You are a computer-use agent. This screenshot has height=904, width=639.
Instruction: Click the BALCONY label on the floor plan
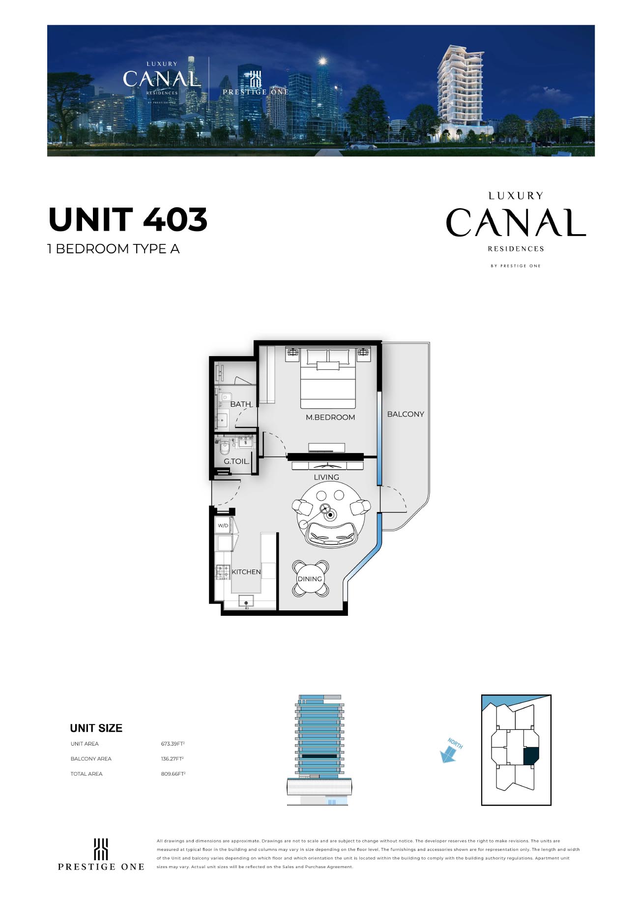(406, 414)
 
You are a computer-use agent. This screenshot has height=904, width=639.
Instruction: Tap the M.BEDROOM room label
(330, 417)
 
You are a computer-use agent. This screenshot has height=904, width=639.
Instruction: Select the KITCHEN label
(246, 572)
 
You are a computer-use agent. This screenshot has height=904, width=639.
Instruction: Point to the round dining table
(310, 578)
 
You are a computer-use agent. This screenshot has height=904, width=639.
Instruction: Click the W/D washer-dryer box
(224, 525)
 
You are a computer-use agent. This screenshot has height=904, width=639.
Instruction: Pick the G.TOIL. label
(236, 461)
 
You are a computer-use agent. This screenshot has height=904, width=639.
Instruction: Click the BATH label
(241, 404)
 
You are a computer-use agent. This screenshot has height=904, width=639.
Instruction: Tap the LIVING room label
(326, 477)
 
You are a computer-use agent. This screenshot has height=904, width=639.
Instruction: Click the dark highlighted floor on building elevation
(319, 756)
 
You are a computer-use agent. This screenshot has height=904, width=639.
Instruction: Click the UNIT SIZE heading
(96, 728)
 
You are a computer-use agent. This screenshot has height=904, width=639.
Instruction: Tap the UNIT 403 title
(128, 219)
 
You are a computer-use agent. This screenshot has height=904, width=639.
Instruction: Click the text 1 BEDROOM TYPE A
(114, 249)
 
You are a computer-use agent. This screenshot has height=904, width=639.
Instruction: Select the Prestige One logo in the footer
(101, 855)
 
